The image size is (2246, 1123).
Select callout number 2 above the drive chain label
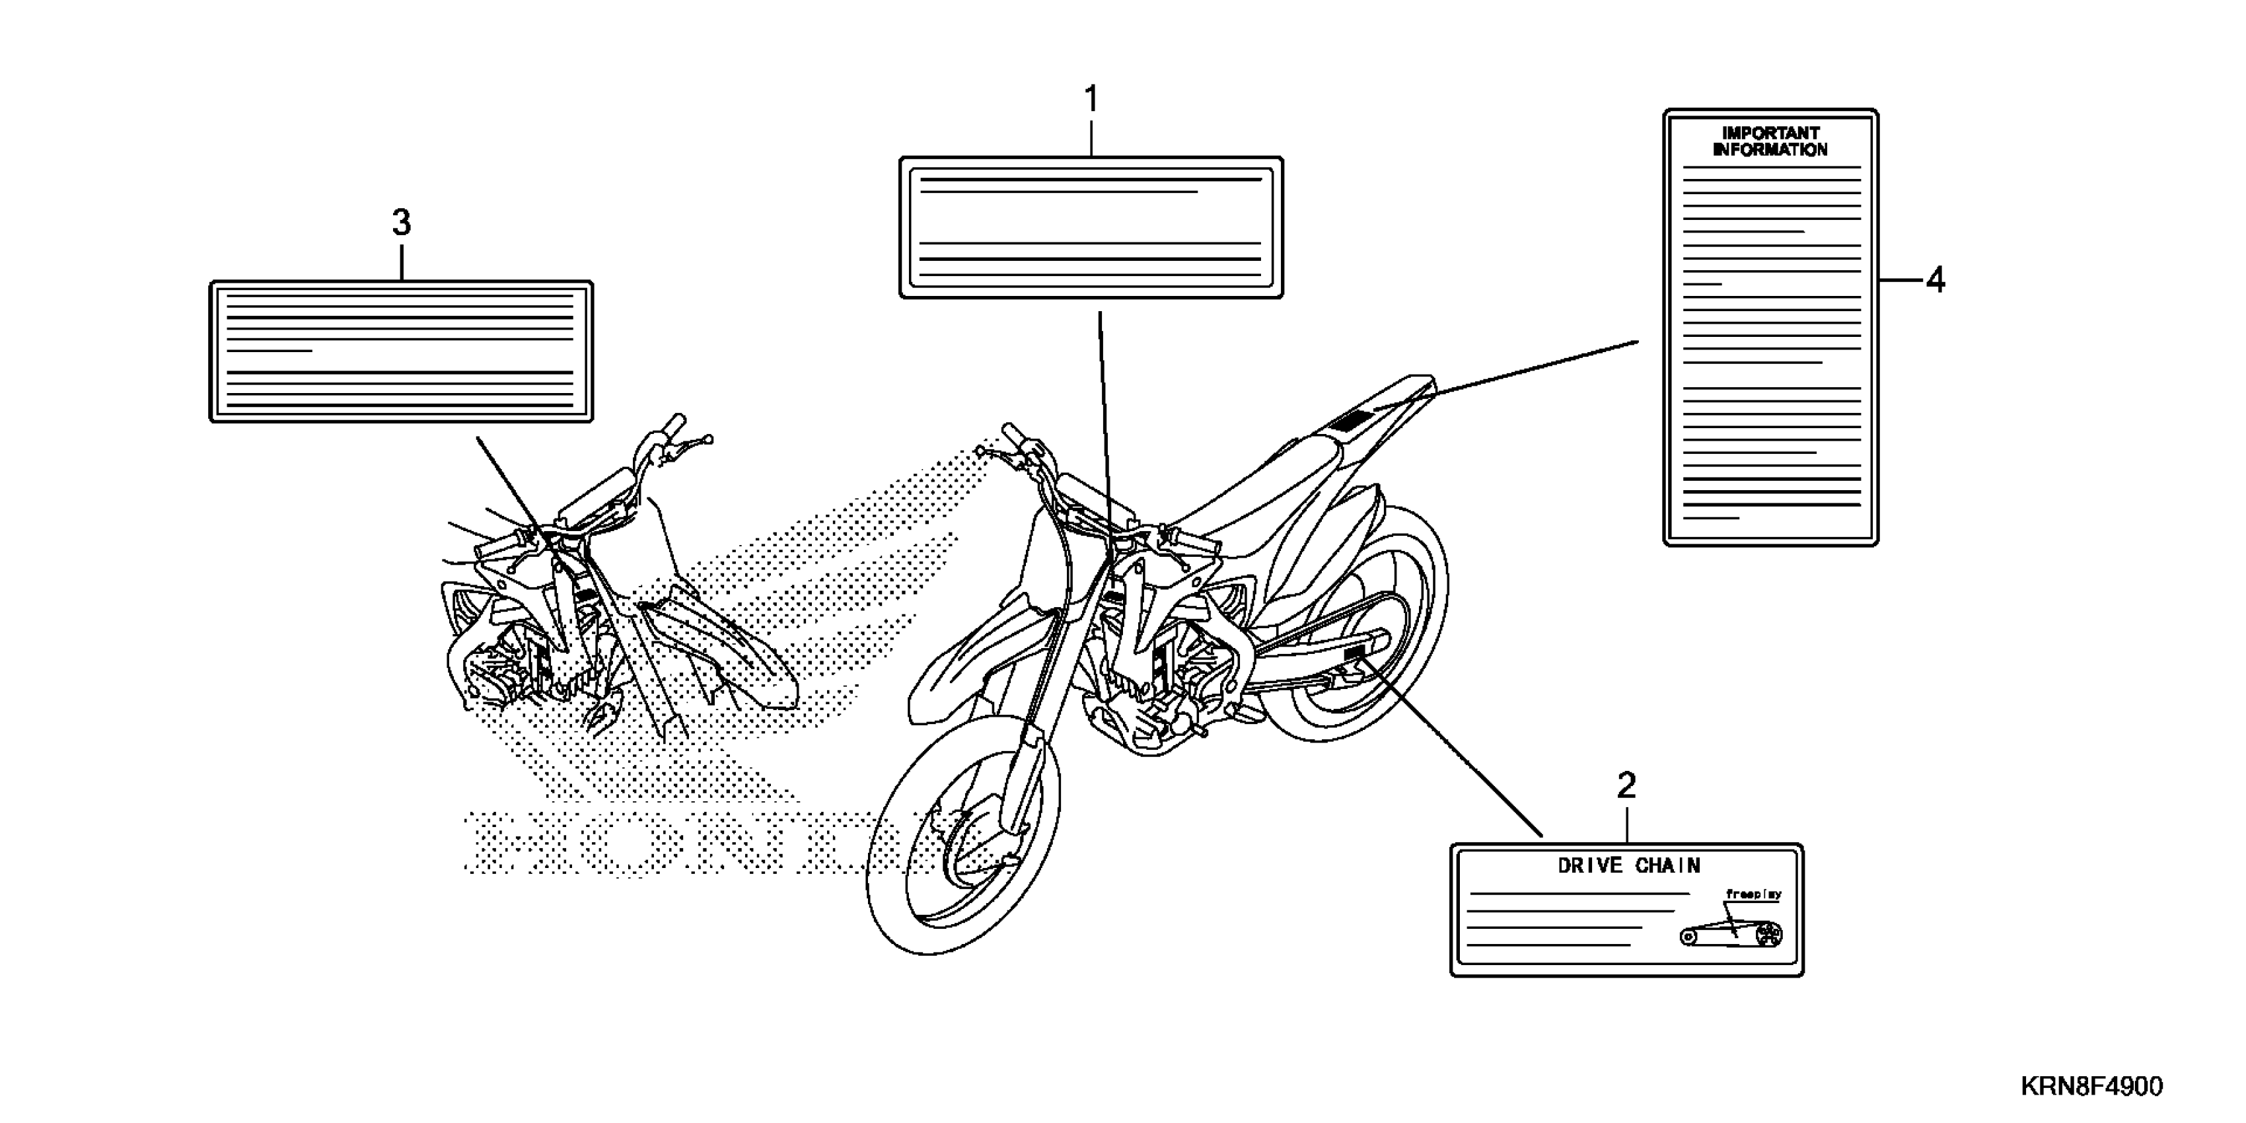[1626, 787]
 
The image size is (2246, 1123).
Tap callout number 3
[401, 223]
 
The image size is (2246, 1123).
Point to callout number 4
[1935, 281]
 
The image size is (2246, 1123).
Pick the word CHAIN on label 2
[1667, 866]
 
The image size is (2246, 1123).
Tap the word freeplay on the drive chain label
[1753, 894]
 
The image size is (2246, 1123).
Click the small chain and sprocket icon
[1731, 935]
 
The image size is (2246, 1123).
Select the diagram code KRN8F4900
[2091, 1087]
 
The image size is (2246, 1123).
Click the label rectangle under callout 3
[401, 351]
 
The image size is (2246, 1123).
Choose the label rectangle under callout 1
[1091, 227]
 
